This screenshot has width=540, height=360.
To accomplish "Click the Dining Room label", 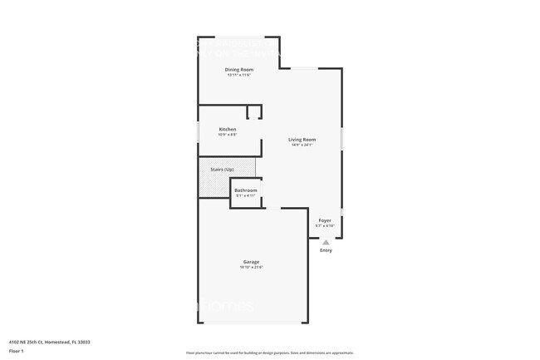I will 239,69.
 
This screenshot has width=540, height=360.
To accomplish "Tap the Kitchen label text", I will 227,129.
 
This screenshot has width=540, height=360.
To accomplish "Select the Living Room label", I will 302,139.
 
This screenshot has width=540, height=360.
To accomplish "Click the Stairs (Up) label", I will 222,169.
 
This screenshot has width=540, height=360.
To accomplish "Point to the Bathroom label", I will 245,190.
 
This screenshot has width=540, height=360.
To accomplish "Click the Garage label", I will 251,262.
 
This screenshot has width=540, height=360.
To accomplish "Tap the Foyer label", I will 324,220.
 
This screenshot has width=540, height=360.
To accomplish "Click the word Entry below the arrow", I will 326,250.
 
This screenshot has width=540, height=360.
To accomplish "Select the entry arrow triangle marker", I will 326,242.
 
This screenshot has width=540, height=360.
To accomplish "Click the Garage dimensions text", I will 251,268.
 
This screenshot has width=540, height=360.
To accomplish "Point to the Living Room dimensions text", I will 302,145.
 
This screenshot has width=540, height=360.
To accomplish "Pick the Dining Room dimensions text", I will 239,75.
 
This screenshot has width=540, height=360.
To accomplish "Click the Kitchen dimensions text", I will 227,135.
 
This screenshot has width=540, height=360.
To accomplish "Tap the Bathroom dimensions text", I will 245,196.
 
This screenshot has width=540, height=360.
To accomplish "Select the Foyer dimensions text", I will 324,226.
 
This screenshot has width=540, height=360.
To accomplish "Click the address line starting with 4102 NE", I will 50,341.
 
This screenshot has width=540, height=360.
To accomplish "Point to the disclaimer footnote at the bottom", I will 269,353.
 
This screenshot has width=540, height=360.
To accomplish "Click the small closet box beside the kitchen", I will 254,112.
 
